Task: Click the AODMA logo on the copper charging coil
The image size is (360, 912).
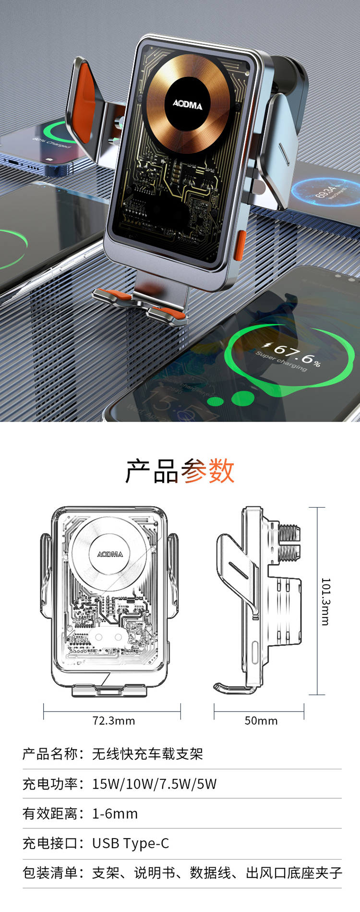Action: (188, 104)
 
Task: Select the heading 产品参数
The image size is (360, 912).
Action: (180, 471)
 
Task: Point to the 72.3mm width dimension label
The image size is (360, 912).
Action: (114, 720)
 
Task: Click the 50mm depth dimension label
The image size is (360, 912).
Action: (261, 720)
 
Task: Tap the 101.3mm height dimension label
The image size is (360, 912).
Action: (325, 601)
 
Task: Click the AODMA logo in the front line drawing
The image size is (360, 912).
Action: (110, 554)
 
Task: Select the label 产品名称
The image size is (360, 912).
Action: (50, 754)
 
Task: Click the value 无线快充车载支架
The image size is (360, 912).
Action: (147, 754)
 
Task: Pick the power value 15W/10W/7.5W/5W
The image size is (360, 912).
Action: (154, 784)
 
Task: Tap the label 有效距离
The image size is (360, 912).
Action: (50, 814)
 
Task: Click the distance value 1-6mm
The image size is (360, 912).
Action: (115, 814)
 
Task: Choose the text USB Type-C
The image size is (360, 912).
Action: (131, 843)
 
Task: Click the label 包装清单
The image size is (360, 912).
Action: (50, 873)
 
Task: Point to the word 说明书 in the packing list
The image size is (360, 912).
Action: (155, 873)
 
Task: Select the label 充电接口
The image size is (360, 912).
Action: (50, 843)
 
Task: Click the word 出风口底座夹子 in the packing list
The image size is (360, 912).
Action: (294, 873)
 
